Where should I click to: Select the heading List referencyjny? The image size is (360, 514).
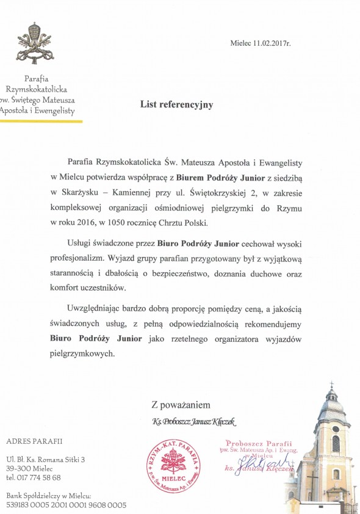click(177, 104)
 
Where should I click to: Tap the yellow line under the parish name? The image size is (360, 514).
click(41, 121)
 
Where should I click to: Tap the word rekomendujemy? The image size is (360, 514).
click(278, 325)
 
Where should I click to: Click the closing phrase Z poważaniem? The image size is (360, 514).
click(181, 405)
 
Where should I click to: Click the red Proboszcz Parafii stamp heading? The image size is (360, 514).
click(259, 443)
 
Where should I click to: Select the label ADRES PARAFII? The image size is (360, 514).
click(34, 441)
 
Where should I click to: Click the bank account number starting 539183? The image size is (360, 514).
click(66, 505)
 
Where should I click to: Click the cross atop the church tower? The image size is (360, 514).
click(332, 385)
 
